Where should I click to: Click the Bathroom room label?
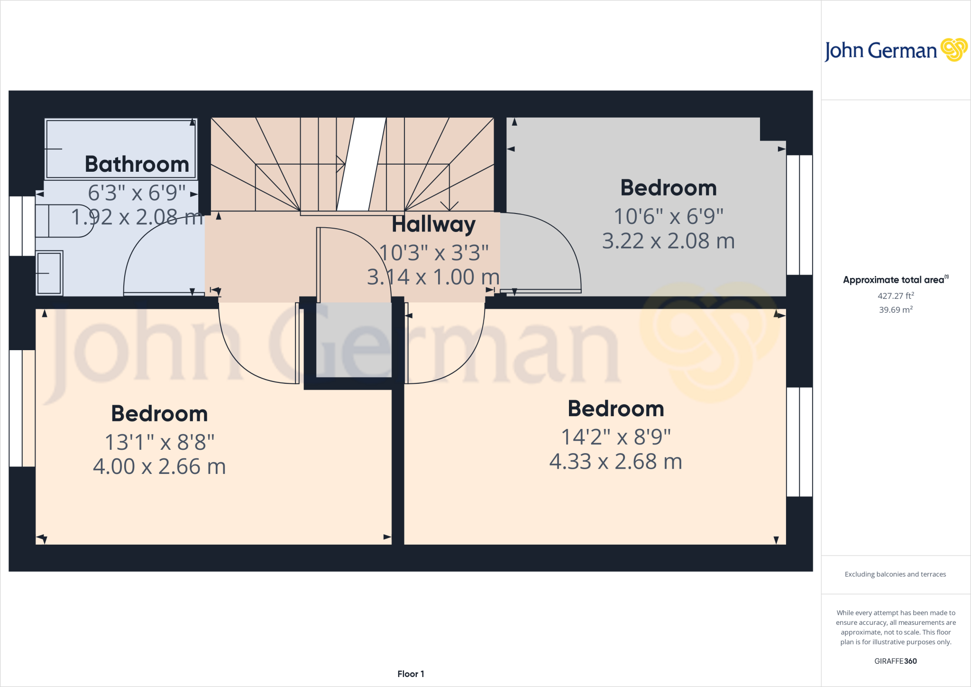point(137,165)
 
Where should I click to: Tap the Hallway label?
point(433,224)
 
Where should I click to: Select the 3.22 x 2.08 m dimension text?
point(668,241)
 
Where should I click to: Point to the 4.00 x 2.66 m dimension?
point(159,467)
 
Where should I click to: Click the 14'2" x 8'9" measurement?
point(616,437)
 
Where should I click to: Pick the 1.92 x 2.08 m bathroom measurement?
point(137,217)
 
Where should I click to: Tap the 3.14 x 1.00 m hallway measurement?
point(433,277)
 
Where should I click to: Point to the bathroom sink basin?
point(49,273)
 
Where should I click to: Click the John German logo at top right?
point(895,50)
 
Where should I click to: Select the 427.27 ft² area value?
point(896,296)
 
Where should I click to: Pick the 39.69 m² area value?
point(896,310)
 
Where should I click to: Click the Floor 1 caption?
point(411,674)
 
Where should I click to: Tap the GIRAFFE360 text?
point(895,661)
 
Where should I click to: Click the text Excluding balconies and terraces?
point(895,574)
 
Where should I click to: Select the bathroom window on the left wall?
point(22,226)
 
